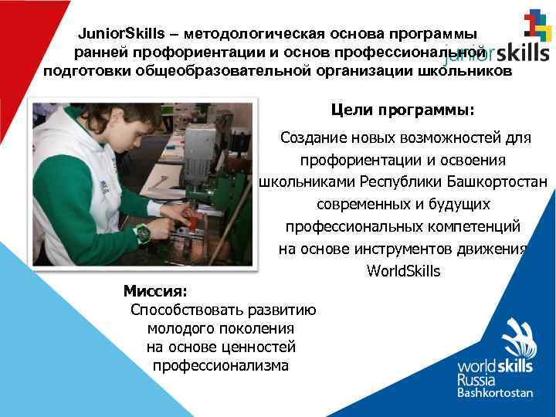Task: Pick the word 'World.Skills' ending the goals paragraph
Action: coord(403,271)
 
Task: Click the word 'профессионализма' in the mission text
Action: coord(221,365)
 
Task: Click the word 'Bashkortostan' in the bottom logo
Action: coord(495,392)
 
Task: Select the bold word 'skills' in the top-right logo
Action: coord(523,52)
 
